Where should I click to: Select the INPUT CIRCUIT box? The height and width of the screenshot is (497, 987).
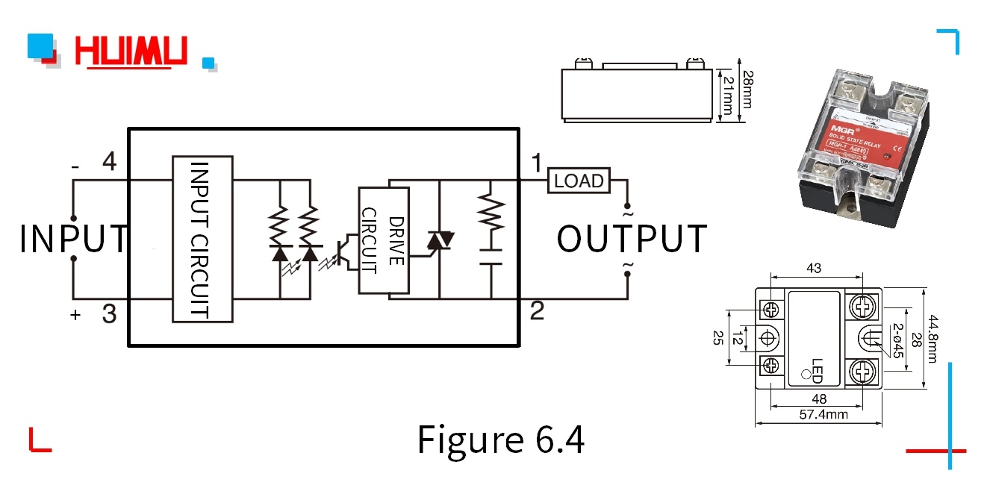202,239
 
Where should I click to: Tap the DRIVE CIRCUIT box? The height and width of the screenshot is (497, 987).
384,239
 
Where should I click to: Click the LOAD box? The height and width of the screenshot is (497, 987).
579,181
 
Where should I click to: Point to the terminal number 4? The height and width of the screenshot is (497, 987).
109,161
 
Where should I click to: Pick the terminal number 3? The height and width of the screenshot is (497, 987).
109,315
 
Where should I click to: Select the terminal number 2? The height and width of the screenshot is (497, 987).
537,311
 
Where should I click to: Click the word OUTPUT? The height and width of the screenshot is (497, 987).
632,239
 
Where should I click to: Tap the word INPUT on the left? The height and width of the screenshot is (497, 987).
73,239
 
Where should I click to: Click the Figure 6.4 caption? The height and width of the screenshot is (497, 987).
500,440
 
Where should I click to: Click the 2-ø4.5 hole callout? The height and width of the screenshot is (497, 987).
898,340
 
